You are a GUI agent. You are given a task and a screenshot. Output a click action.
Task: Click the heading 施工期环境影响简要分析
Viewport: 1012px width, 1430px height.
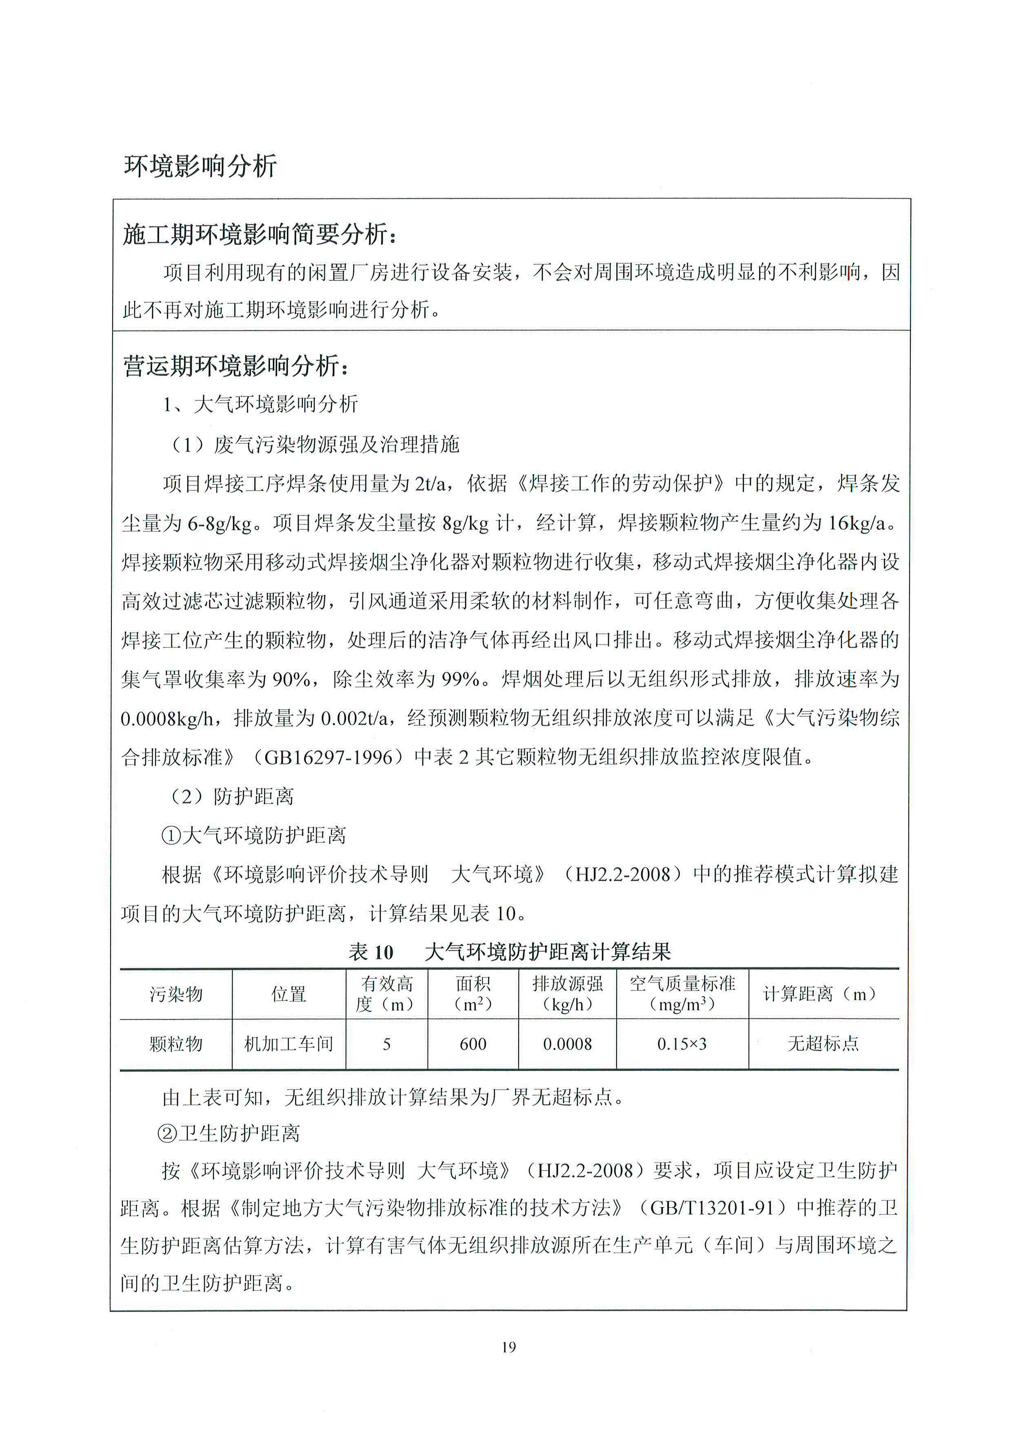click(x=259, y=234)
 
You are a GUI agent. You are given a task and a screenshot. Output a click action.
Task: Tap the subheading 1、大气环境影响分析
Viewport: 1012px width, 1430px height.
click(x=260, y=404)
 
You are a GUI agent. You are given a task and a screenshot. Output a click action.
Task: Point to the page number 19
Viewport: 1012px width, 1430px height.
click(x=508, y=1347)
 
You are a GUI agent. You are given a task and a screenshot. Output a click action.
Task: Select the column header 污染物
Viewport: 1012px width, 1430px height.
click(x=176, y=994)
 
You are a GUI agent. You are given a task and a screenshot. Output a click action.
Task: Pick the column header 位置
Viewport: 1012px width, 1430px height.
click(x=289, y=994)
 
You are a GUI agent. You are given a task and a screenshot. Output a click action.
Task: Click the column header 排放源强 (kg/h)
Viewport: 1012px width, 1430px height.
click(x=567, y=994)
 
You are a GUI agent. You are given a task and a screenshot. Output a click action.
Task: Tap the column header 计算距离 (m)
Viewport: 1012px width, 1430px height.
click(x=823, y=994)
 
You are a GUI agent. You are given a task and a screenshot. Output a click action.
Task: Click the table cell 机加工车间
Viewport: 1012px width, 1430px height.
click(x=289, y=1044)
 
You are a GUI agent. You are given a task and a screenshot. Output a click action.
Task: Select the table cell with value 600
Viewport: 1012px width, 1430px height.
click(x=473, y=1044)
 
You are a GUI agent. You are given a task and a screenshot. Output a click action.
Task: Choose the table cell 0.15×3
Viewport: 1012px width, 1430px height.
click(x=682, y=1044)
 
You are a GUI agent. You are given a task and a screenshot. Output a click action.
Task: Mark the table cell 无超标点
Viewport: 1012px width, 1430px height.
click(x=823, y=1044)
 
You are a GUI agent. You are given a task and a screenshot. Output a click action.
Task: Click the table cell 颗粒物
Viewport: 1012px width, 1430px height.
click(x=176, y=1044)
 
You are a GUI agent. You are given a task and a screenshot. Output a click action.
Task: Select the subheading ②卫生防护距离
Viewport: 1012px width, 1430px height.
click(x=229, y=1133)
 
